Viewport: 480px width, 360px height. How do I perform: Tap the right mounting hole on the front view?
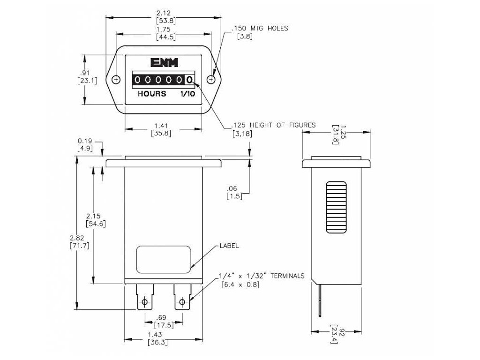click(211, 79)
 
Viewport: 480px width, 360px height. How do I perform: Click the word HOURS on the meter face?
click(151, 94)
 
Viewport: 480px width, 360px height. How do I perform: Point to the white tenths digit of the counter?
click(189, 80)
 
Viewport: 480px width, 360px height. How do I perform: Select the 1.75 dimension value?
click(163, 29)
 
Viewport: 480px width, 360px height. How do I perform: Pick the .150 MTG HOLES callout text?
click(259, 28)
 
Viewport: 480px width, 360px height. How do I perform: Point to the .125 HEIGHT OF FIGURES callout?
click(273, 125)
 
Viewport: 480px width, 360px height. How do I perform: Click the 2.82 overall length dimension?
click(77, 238)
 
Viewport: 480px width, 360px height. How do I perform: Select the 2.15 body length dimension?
click(95, 216)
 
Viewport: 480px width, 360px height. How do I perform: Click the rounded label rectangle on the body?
click(164, 259)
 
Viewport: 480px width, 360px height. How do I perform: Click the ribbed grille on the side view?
click(336, 207)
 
